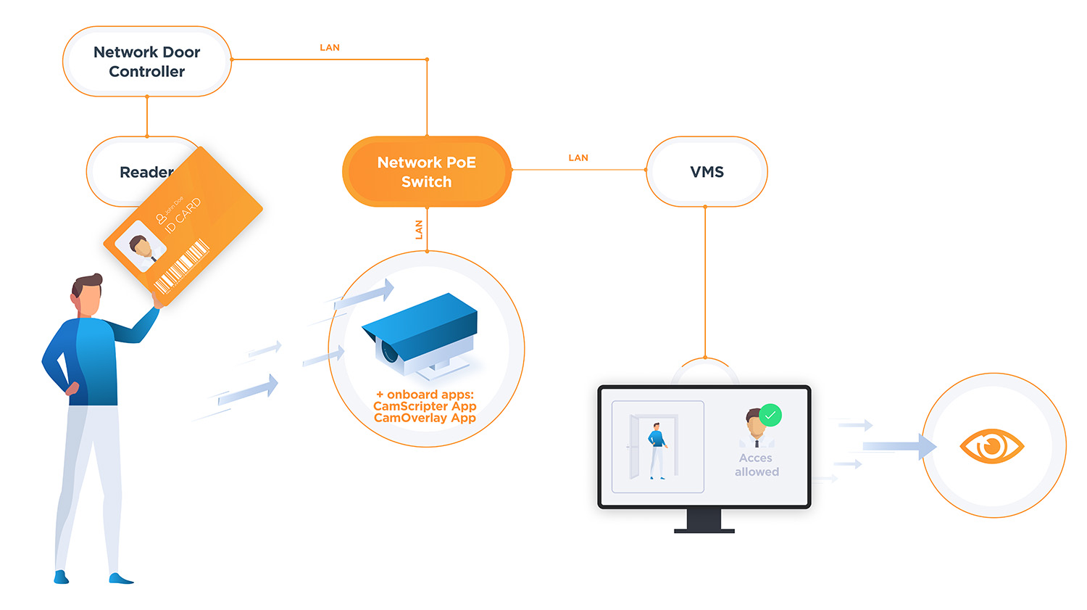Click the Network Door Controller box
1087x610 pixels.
point(147,62)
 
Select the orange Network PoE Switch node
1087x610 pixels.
point(427,172)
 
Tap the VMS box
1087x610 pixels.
point(707,172)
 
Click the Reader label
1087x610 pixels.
point(145,173)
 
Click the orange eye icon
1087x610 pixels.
point(991,445)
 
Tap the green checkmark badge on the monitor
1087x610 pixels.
point(770,415)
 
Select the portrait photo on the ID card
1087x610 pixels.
point(141,247)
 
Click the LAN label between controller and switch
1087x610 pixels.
point(330,48)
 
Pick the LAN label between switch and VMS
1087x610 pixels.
point(578,158)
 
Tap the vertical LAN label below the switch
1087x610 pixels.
point(419,230)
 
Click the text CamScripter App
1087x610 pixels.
point(425,406)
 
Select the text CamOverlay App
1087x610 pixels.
point(425,418)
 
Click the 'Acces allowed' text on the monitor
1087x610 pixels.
point(757,465)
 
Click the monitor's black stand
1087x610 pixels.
point(704,521)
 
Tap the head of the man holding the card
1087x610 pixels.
point(87,295)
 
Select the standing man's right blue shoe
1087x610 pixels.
point(120,578)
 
